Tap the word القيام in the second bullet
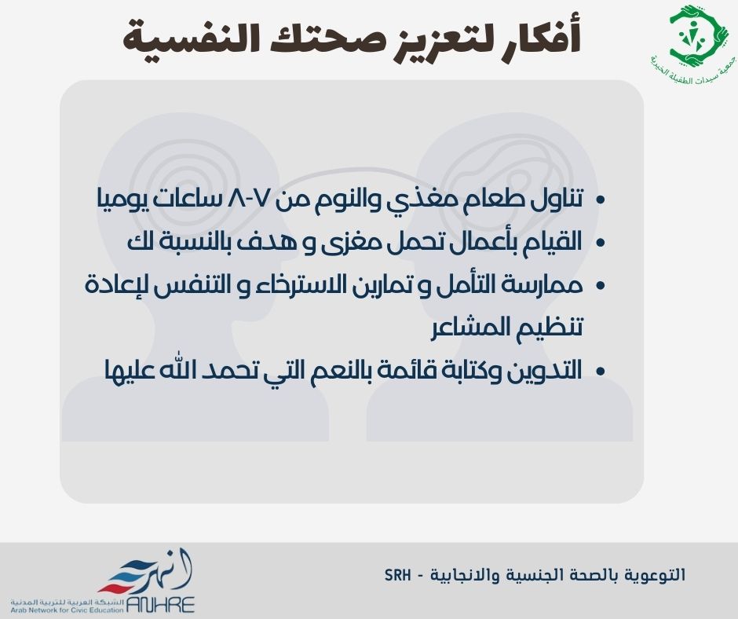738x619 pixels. pyautogui.click(x=553, y=241)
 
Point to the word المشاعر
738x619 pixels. pyautogui.click(x=470, y=328)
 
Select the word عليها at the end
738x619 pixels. pyautogui.click(x=128, y=370)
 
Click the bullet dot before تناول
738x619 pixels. pyautogui.click(x=600, y=200)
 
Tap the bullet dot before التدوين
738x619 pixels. pyautogui.click(x=600, y=372)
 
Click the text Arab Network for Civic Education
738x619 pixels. pyautogui.click(x=67, y=610)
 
